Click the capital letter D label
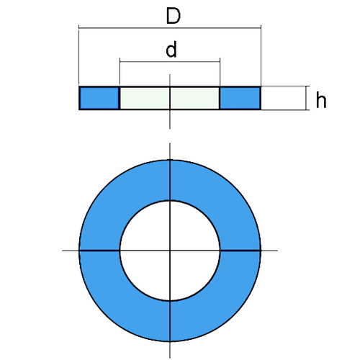tap(174, 16)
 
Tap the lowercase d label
tap(171, 49)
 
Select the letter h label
tap(321, 99)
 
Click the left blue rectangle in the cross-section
tap(99, 98)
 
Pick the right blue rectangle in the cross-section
tap(240, 98)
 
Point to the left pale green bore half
tap(145, 98)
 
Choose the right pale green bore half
tap(194, 98)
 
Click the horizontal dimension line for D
tap(170, 28)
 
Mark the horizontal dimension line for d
tap(170, 62)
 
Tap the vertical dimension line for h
tap(306, 98)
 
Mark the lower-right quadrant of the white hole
tap(189, 270)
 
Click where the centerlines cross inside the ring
tap(170, 251)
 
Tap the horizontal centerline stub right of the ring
tap(269, 251)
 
